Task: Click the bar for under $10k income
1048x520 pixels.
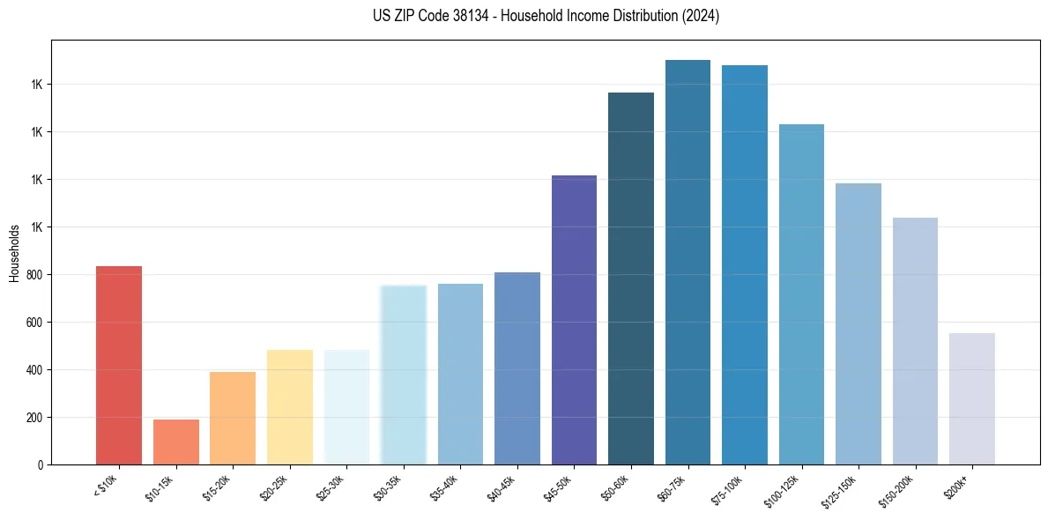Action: pos(119,365)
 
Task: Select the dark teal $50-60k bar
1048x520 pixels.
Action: pos(631,279)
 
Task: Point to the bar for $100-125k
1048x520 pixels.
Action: pos(801,294)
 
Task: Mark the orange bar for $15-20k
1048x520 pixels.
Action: pos(233,418)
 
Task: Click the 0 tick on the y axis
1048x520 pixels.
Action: pos(41,464)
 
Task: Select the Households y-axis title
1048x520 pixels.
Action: pos(14,253)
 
